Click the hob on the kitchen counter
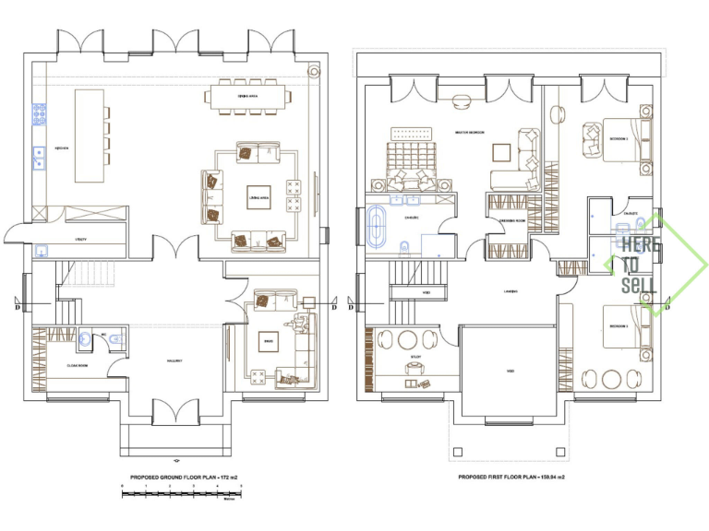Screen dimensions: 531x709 coord(40,114)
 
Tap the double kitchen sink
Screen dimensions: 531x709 coord(40,159)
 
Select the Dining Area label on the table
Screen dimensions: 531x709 coord(248,95)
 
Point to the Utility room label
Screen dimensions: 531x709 coord(81,239)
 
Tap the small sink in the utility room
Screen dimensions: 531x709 coord(41,250)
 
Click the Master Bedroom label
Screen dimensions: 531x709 coord(471,133)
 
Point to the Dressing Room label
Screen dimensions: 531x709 coord(508,222)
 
